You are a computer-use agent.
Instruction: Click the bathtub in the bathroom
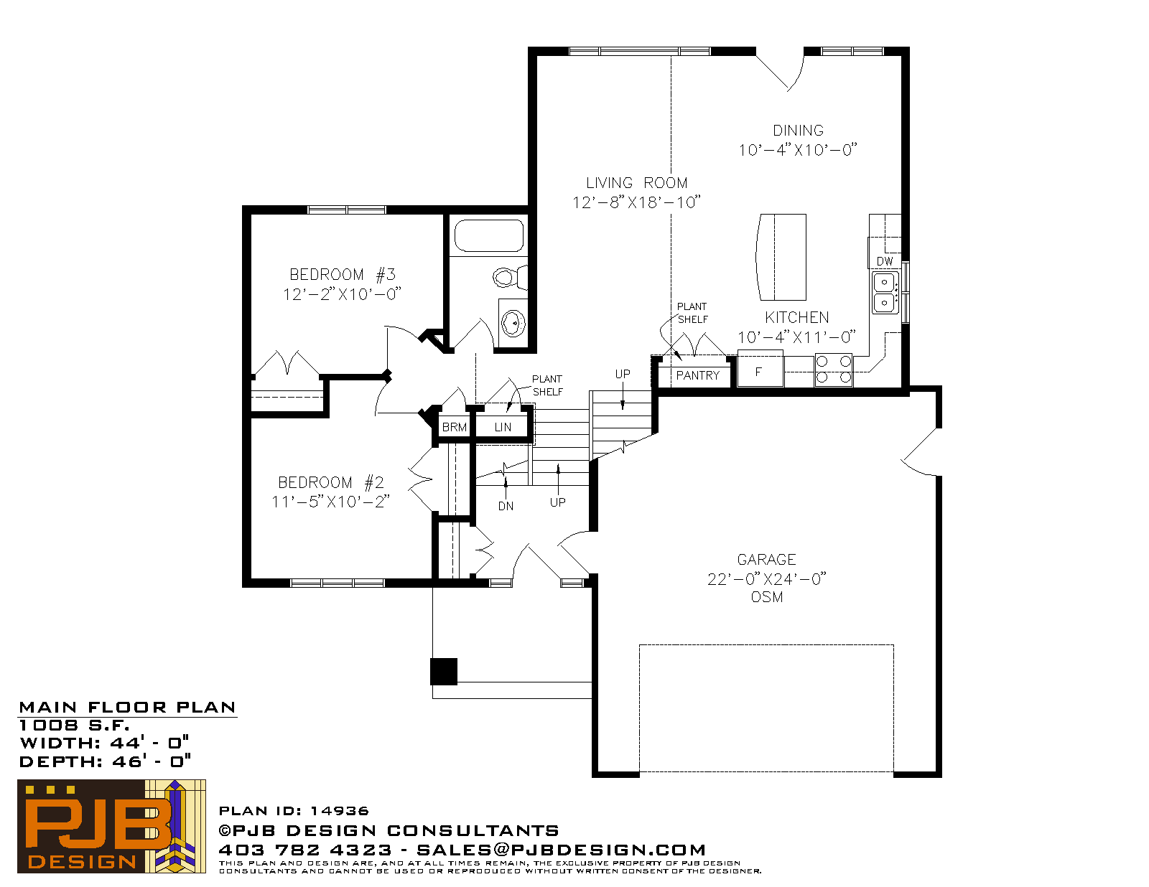pyautogui.click(x=488, y=235)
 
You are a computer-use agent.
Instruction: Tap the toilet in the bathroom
pyautogui.click(x=511, y=277)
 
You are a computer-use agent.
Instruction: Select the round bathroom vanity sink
pyautogui.click(x=513, y=323)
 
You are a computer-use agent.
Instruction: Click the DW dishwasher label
pyautogui.click(x=885, y=261)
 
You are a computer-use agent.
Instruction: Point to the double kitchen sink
pyautogui.click(x=885, y=292)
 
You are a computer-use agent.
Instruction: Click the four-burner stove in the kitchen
pyautogui.click(x=833, y=370)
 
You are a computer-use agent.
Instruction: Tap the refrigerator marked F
pyautogui.click(x=760, y=368)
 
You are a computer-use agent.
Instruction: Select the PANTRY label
pyautogui.click(x=697, y=375)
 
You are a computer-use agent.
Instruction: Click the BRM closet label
pyautogui.click(x=454, y=427)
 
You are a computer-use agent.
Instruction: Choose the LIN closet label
pyautogui.click(x=503, y=427)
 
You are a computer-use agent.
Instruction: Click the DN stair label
pyautogui.click(x=506, y=506)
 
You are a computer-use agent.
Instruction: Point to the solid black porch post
pyautogui.click(x=444, y=672)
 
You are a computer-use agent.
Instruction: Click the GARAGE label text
pyautogui.click(x=766, y=560)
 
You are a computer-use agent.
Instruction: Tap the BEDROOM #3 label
pyautogui.click(x=342, y=275)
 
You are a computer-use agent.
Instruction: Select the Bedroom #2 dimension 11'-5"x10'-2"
pyautogui.click(x=330, y=502)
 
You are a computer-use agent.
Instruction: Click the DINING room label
pyautogui.click(x=798, y=131)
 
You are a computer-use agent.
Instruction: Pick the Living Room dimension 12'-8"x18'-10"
pyautogui.click(x=636, y=202)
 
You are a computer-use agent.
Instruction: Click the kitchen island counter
pyautogui.click(x=781, y=257)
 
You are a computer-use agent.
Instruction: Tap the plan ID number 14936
pyautogui.click(x=340, y=811)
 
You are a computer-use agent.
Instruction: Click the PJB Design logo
pyautogui.click(x=111, y=826)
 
